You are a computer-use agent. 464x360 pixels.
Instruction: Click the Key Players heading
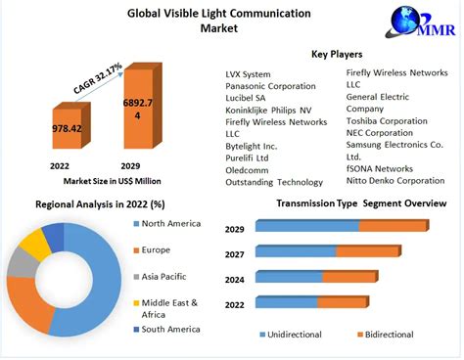(x=337, y=54)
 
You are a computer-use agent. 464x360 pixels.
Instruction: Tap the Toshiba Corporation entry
(x=387, y=121)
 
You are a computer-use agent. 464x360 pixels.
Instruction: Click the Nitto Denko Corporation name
(x=394, y=181)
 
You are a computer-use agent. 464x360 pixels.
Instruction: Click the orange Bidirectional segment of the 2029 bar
(x=392, y=226)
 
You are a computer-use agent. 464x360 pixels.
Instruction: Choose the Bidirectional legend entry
(x=387, y=335)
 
